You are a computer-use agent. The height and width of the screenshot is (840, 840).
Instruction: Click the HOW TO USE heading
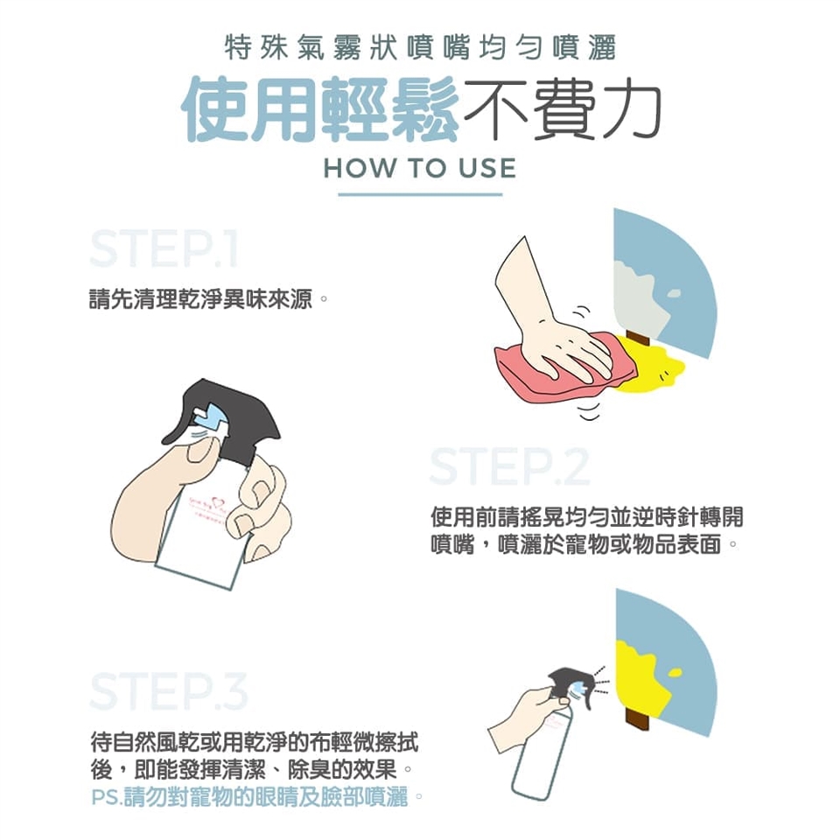click(x=419, y=168)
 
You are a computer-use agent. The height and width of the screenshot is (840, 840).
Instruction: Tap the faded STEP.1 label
click(x=164, y=249)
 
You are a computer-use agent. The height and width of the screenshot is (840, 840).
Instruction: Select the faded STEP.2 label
click(x=509, y=467)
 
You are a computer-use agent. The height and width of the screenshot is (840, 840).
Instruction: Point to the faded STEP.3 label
click(x=169, y=691)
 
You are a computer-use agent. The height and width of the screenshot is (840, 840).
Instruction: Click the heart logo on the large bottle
click(x=217, y=502)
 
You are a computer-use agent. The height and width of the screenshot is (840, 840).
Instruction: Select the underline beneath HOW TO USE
click(x=420, y=194)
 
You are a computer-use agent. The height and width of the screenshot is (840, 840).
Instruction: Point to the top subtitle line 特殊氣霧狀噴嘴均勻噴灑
click(x=420, y=48)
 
